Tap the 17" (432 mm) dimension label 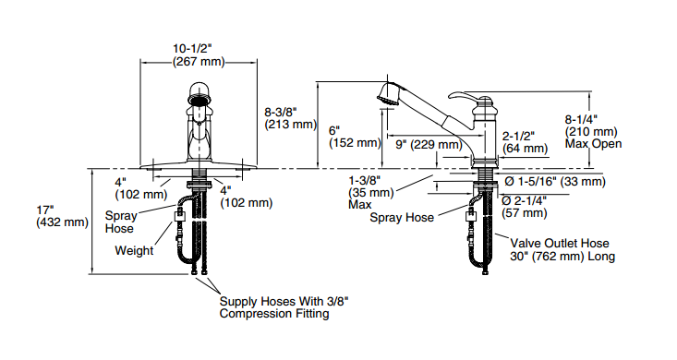62,216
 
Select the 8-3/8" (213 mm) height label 291,118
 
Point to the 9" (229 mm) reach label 429,145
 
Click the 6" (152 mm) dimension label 355,137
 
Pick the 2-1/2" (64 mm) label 525,142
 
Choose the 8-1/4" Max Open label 593,132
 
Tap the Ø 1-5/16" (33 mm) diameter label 555,181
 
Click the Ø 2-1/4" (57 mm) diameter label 525,207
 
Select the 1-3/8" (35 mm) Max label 371,192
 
